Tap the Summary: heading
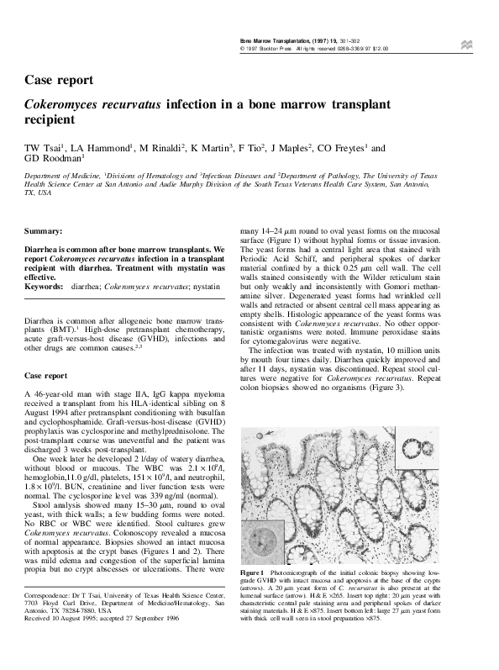[44, 230]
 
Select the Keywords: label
[45, 287]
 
